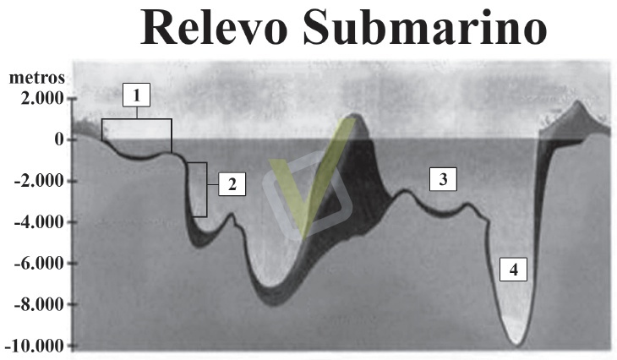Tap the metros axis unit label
pos(36,78)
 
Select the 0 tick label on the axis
pos(59,139)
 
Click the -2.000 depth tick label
pos(37,181)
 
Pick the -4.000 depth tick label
pos(37,222)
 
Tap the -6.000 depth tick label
pos(37,264)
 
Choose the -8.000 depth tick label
pos(37,304)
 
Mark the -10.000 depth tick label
pos(35,346)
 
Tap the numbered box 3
pos(443,178)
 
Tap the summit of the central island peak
pos(356,115)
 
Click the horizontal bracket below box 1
pos(137,121)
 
